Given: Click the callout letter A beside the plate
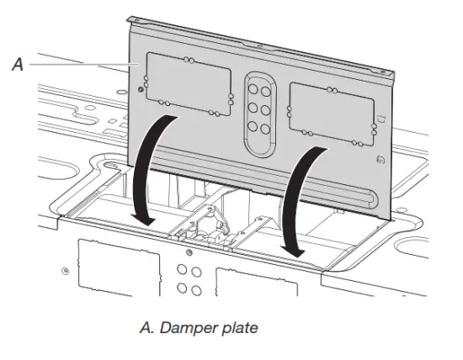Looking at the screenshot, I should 17,64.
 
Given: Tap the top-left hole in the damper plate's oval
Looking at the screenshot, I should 253,83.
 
